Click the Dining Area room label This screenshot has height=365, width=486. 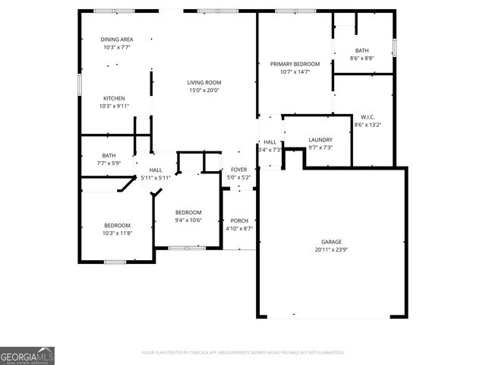(117, 40)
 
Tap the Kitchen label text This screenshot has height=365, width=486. (114, 98)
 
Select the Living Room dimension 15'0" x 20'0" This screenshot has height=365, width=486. (204, 90)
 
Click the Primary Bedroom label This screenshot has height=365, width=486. (295, 64)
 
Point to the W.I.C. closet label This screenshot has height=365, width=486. (368, 117)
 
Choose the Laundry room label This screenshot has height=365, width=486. (320, 140)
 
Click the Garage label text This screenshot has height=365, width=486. (330, 242)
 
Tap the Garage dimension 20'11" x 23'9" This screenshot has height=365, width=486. (330, 249)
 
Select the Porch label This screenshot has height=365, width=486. (239, 221)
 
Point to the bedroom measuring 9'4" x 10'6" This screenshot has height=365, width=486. (188, 216)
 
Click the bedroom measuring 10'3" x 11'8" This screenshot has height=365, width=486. (117, 229)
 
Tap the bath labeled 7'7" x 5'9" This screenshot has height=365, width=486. (109, 159)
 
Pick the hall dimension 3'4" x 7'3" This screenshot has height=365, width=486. (270, 150)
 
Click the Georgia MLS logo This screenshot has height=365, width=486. (27, 356)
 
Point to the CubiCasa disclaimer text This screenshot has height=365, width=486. (243, 353)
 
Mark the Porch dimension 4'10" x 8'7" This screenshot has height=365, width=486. (239, 228)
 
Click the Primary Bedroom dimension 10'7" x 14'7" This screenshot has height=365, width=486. (295, 71)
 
